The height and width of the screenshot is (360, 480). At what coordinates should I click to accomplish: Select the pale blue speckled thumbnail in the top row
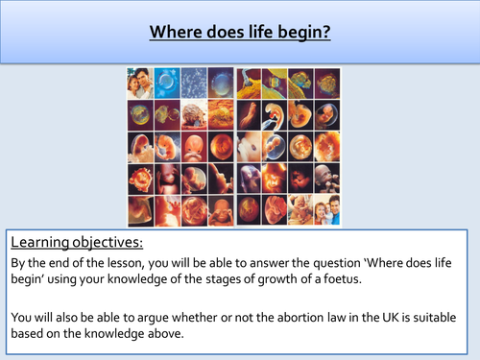tap(195, 83)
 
